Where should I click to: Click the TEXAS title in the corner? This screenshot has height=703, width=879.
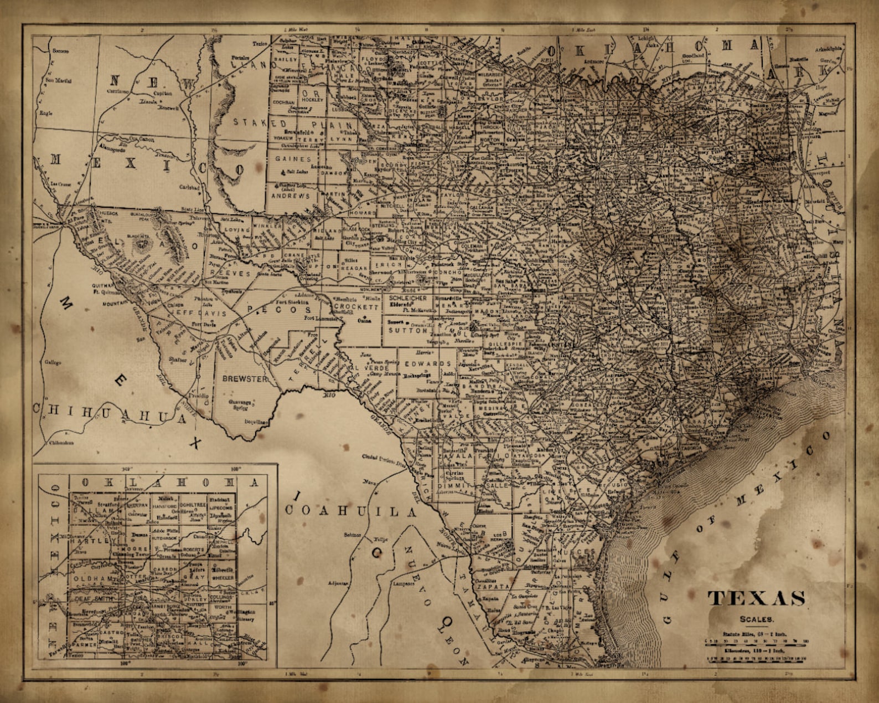pos(757,599)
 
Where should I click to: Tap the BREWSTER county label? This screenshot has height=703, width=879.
pos(244,379)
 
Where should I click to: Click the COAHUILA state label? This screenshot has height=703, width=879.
pos(350,511)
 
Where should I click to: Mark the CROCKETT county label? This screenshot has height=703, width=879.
pos(356,306)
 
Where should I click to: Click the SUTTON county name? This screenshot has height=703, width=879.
pos(407,330)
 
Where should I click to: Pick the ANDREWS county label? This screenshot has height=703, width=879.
pos(290,196)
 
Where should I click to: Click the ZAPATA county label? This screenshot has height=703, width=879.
pos(495,586)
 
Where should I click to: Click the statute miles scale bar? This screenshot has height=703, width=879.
pos(756,641)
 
